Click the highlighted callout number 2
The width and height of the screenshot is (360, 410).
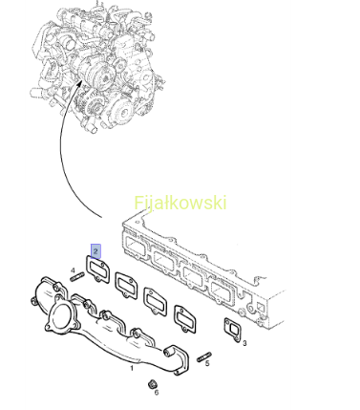pyautogui.click(x=95, y=251)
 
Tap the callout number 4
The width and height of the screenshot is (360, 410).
pyautogui.click(x=73, y=270)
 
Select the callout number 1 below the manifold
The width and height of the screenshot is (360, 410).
pyautogui.click(x=132, y=368)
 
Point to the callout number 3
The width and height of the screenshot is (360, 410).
pyautogui.click(x=244, y=343)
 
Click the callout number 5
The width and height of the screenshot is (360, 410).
pyautogui.click(x=207, y=363)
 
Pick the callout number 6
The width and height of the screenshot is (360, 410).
pyautogui.click(x=157, y=393)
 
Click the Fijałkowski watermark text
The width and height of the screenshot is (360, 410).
pyautogui.click(x=180, y=203)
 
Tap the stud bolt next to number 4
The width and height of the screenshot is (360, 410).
pyautogui.click(x=77, y=277)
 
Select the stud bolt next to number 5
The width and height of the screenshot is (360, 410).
pyautogui.click(x=204, y=356)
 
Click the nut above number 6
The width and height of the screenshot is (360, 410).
pyautogui.click(x=153, y=384)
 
